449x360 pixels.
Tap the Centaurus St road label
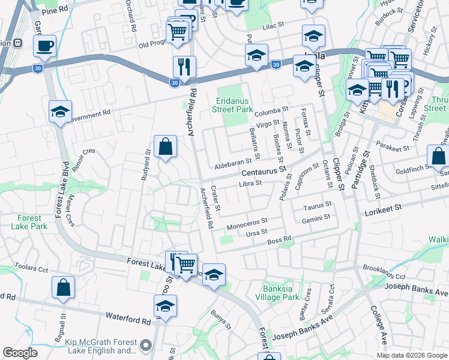[x=261, y=172]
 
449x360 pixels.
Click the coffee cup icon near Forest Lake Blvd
[x=45, y=46]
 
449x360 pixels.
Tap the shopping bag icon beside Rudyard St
[x=165, y=146]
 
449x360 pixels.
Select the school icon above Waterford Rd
[x=166, y=306]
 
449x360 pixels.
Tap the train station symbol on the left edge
[x=18, y=43]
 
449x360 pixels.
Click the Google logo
[x=20, y=353]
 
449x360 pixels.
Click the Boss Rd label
[x=279, y=240]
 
